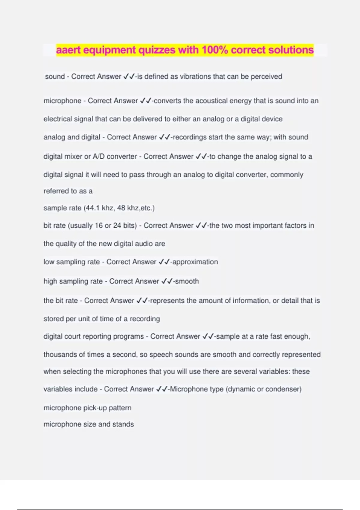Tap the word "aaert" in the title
point(68,50)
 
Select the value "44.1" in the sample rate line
point(93,208)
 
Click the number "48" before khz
point(121,208)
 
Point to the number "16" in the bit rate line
point(99,226)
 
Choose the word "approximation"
point(195,262)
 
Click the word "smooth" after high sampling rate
point(187,281)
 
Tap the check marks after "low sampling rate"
point(164,262)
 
